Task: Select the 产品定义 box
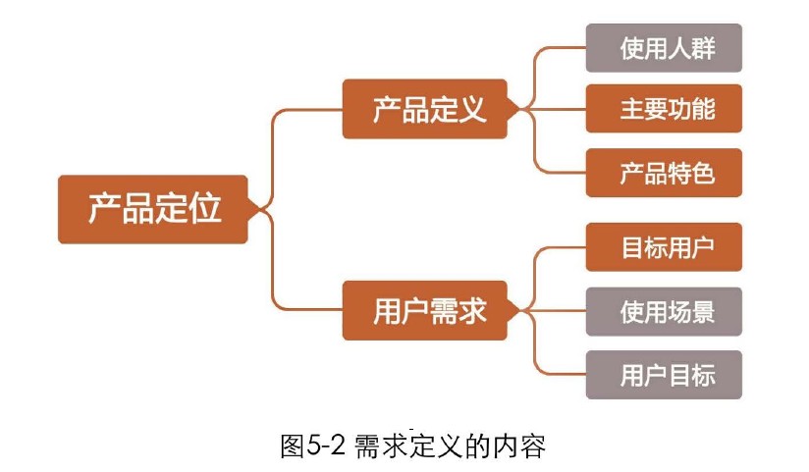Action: tap(424, 109)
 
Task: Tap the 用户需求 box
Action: tap(424, 310)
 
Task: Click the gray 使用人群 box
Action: tap(665, 48)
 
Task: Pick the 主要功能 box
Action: tap(665, 108)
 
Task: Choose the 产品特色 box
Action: tap(665, 173)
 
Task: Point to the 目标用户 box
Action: tap(665, 247)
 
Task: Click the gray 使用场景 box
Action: tap(665, 311)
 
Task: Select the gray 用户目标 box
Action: tap(665, 374)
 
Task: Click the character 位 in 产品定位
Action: tap(206, 208)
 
